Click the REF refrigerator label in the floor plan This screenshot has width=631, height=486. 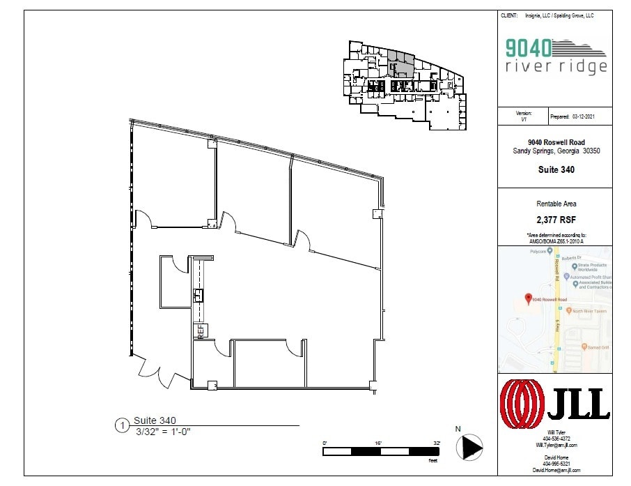tap(201, 331)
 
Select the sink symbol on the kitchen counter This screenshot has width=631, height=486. tap(198, 295)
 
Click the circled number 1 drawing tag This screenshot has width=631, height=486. tap(122, 425)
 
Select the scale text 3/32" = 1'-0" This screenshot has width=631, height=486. tap(162, 432)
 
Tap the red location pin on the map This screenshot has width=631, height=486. tap(527, 298)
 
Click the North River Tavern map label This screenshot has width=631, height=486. tap(590, 311)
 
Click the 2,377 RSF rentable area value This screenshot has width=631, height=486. tap(555, 219)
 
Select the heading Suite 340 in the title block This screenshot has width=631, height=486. tap(555, 169)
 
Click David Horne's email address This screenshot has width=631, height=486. tap(556, 471)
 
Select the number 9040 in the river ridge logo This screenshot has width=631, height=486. tap(529, 47)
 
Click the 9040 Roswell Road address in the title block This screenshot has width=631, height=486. tap(555, 142)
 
